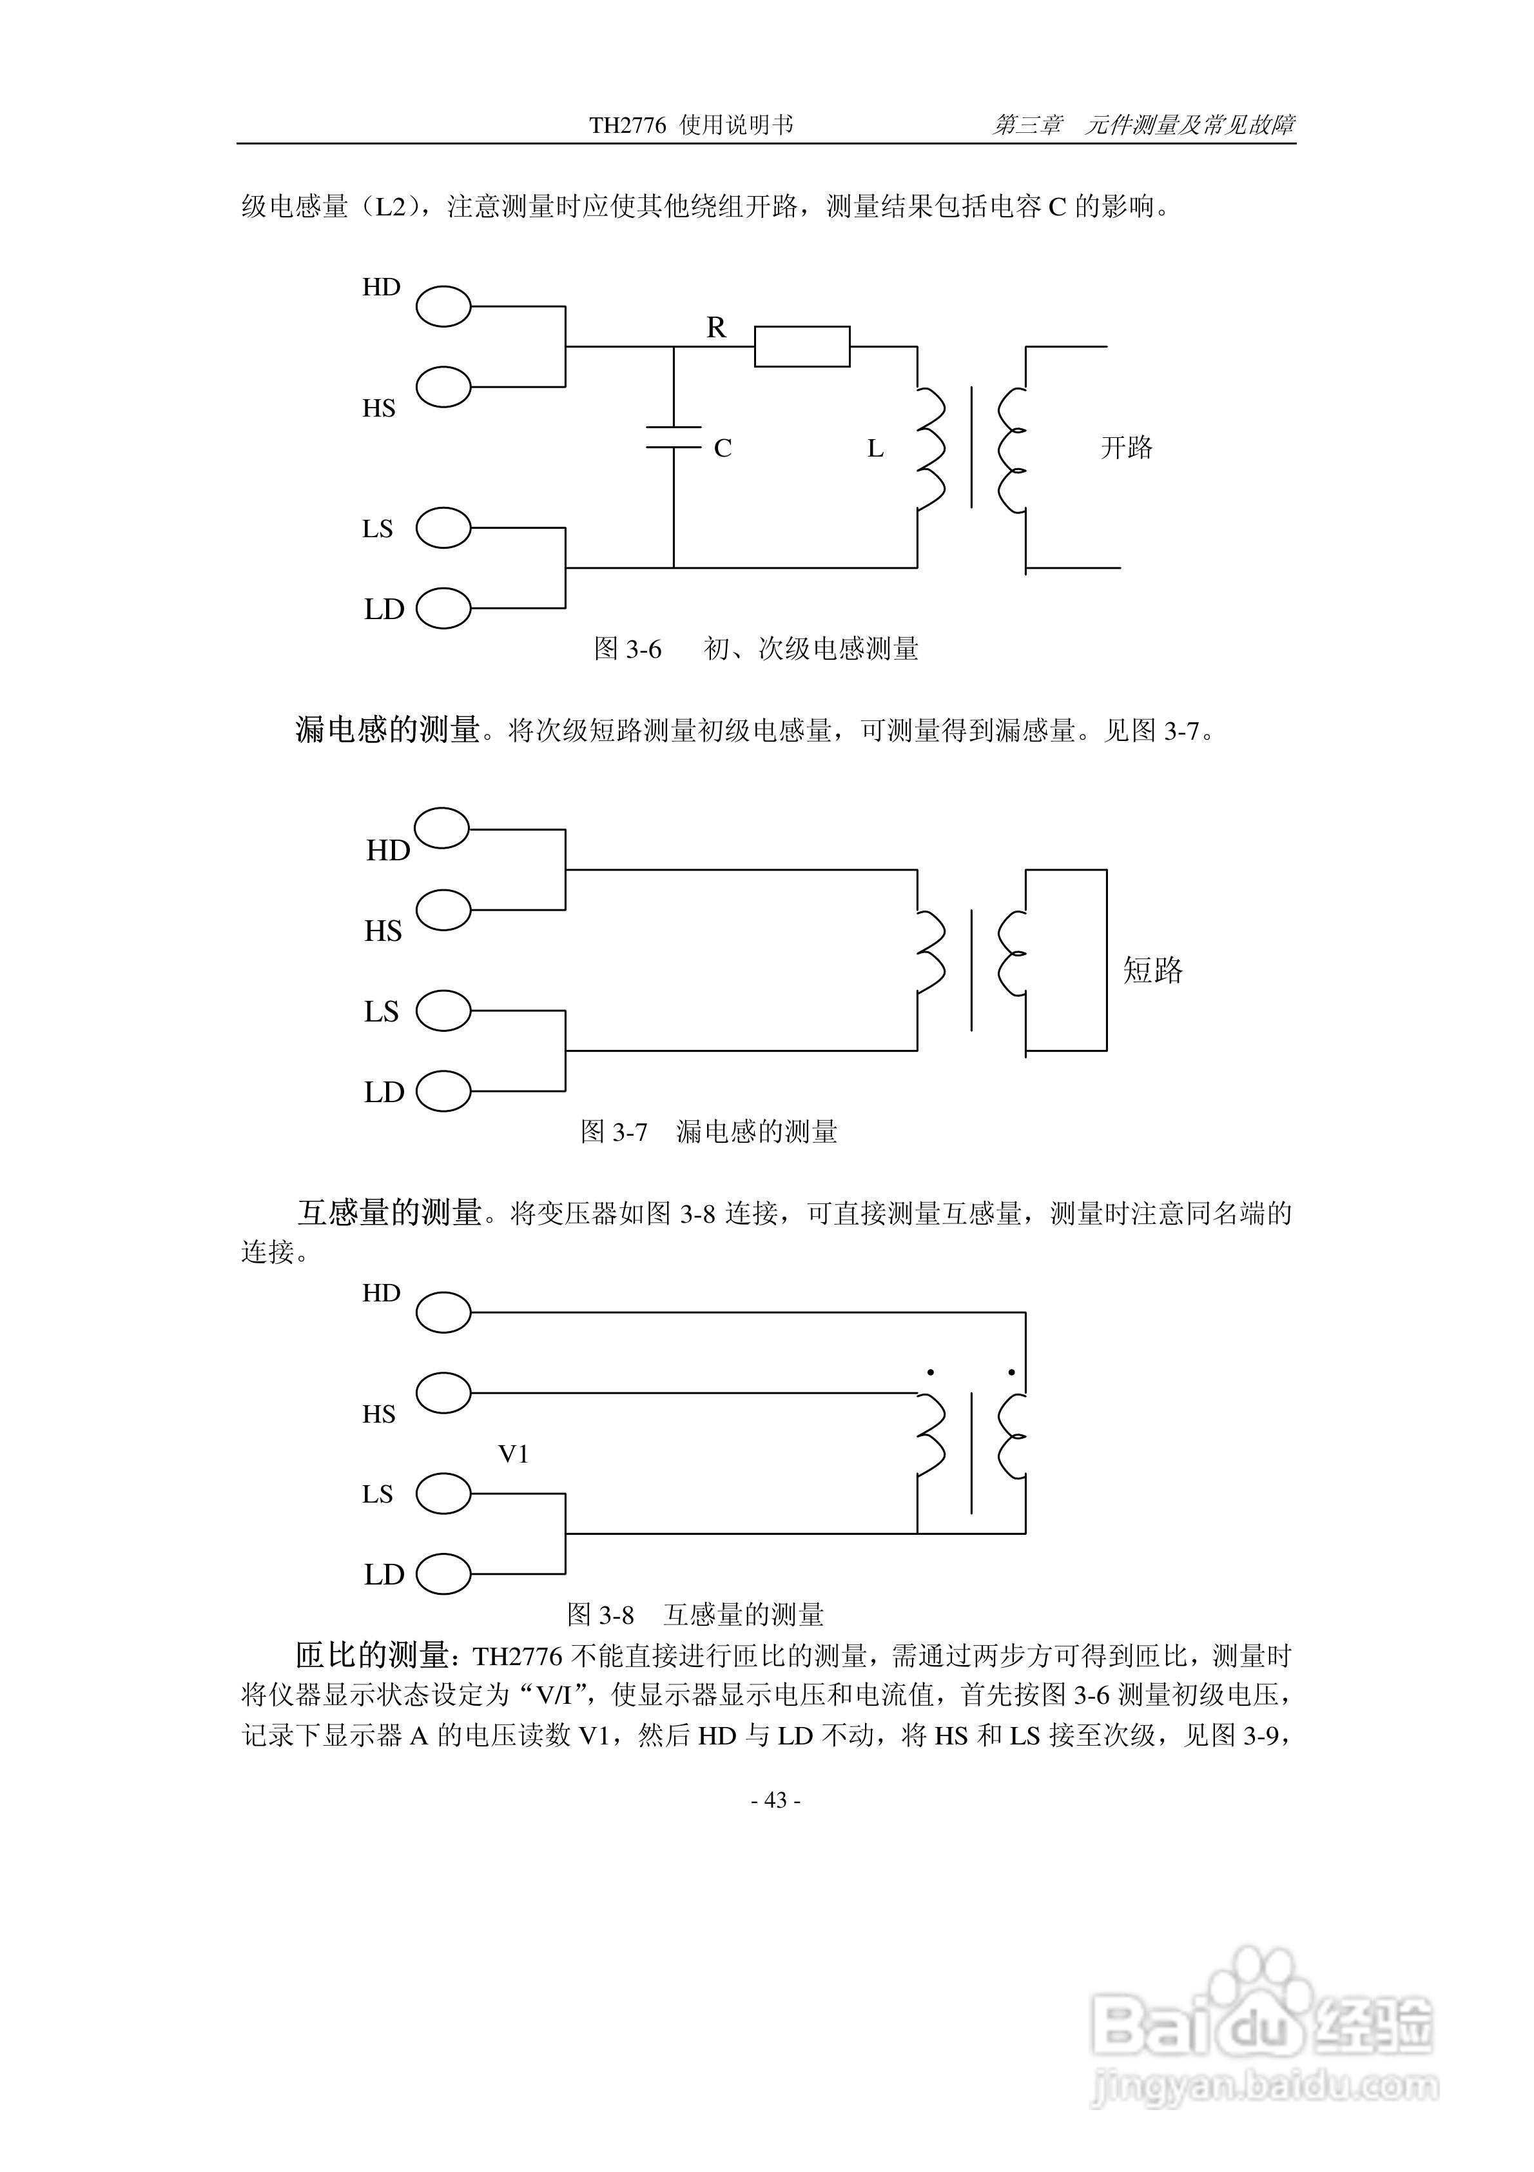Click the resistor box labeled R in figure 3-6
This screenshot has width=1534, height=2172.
[801, 346]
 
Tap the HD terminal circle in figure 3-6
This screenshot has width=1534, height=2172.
[443, 306]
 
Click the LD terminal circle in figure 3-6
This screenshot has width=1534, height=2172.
[443, 608]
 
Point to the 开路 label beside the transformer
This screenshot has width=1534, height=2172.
[1127, 448]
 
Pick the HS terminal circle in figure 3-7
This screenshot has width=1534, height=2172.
[443, 910]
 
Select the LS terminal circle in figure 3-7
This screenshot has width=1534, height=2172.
[443, 1011]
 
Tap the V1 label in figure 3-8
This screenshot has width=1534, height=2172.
[514, 1454]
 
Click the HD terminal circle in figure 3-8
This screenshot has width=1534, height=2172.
[443, 1312]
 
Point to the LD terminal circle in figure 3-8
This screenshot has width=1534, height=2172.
[443, 1574]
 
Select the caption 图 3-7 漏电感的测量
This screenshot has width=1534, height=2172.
[708, 1131]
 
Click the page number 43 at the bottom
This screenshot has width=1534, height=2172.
[775, 1801]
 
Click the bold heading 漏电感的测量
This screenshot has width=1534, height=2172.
[388, 729]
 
